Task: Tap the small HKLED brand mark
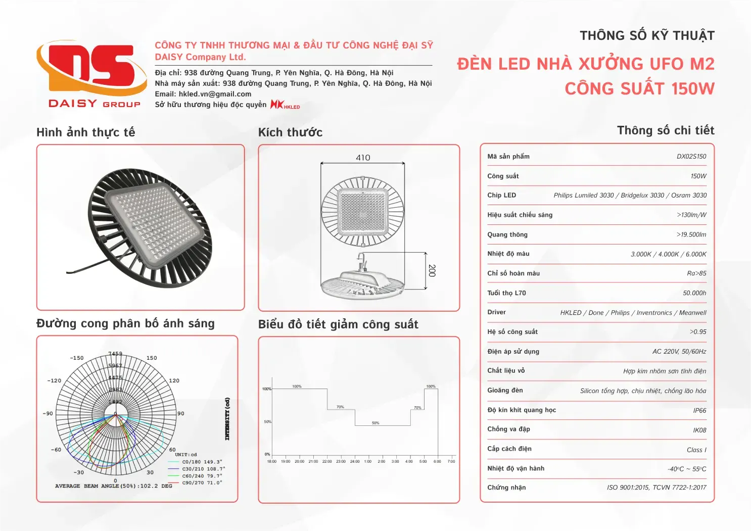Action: (285, 105)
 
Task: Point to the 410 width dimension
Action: (363, 158)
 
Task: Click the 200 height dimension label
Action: (432, 270)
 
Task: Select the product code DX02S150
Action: (691, 157)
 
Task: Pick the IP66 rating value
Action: (699, 411)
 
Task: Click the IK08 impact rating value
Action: (699, 430)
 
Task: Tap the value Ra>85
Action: (696, 273)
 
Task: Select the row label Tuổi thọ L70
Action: (506, 293)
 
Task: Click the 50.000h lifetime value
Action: (694, 293)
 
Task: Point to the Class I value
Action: (696, 450)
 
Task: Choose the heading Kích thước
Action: (290, 132)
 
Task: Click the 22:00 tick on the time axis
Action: (327, 461)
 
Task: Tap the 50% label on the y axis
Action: (267, 422)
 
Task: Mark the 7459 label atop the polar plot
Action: (115, 354)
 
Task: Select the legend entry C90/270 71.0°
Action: (202, 483)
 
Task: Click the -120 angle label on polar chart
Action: (54, 380)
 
